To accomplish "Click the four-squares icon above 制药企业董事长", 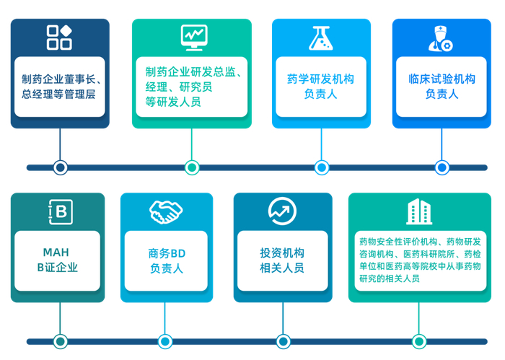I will click(59, 37).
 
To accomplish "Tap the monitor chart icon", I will click(193, 36).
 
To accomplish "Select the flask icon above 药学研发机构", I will click(321, 37).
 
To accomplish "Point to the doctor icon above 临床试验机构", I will click(441, 38).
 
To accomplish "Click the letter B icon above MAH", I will click(60, 211).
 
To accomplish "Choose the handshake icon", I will click(166, 211).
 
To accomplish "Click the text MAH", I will click(57, 252).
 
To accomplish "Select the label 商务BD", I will click(167, 253).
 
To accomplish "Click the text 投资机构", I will click(282, 253).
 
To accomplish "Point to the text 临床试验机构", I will click(442, 79).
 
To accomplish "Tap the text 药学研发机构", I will click(321, 79).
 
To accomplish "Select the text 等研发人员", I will click(173, 102).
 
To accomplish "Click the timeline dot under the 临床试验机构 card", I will click(442, 167).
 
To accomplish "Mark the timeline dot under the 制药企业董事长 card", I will click(60, 167).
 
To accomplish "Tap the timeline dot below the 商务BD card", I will click(165, 341).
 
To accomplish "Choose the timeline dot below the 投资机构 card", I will click(281, 341).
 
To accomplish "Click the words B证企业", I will click(58, 268).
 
